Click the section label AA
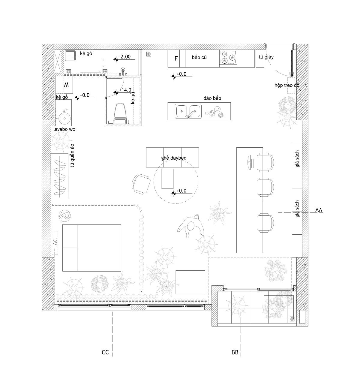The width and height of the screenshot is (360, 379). (319, 210)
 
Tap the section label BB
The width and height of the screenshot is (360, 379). (235, 352)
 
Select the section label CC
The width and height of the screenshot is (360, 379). (105, 352)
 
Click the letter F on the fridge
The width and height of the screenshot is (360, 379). (176, 59)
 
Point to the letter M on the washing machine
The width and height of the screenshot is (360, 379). (66, 85)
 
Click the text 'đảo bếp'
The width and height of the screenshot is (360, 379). (212, 98)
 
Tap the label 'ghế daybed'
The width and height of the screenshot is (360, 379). (174, 158)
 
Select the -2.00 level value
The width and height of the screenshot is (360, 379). (125, 57)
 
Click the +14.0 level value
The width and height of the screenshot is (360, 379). (125, 90)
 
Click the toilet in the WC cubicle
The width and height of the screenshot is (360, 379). (120, 113)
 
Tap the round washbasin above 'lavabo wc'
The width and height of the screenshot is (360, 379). (64, 118)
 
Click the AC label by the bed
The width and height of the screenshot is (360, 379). (55, 242)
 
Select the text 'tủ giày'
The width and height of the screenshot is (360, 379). (266, 57)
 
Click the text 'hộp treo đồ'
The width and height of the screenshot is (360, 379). (287, 85)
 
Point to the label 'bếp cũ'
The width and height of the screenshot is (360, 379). (199, 57)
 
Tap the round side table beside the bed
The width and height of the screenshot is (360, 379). (64, 215)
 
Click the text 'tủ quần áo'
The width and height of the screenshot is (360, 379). (72, 155)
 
